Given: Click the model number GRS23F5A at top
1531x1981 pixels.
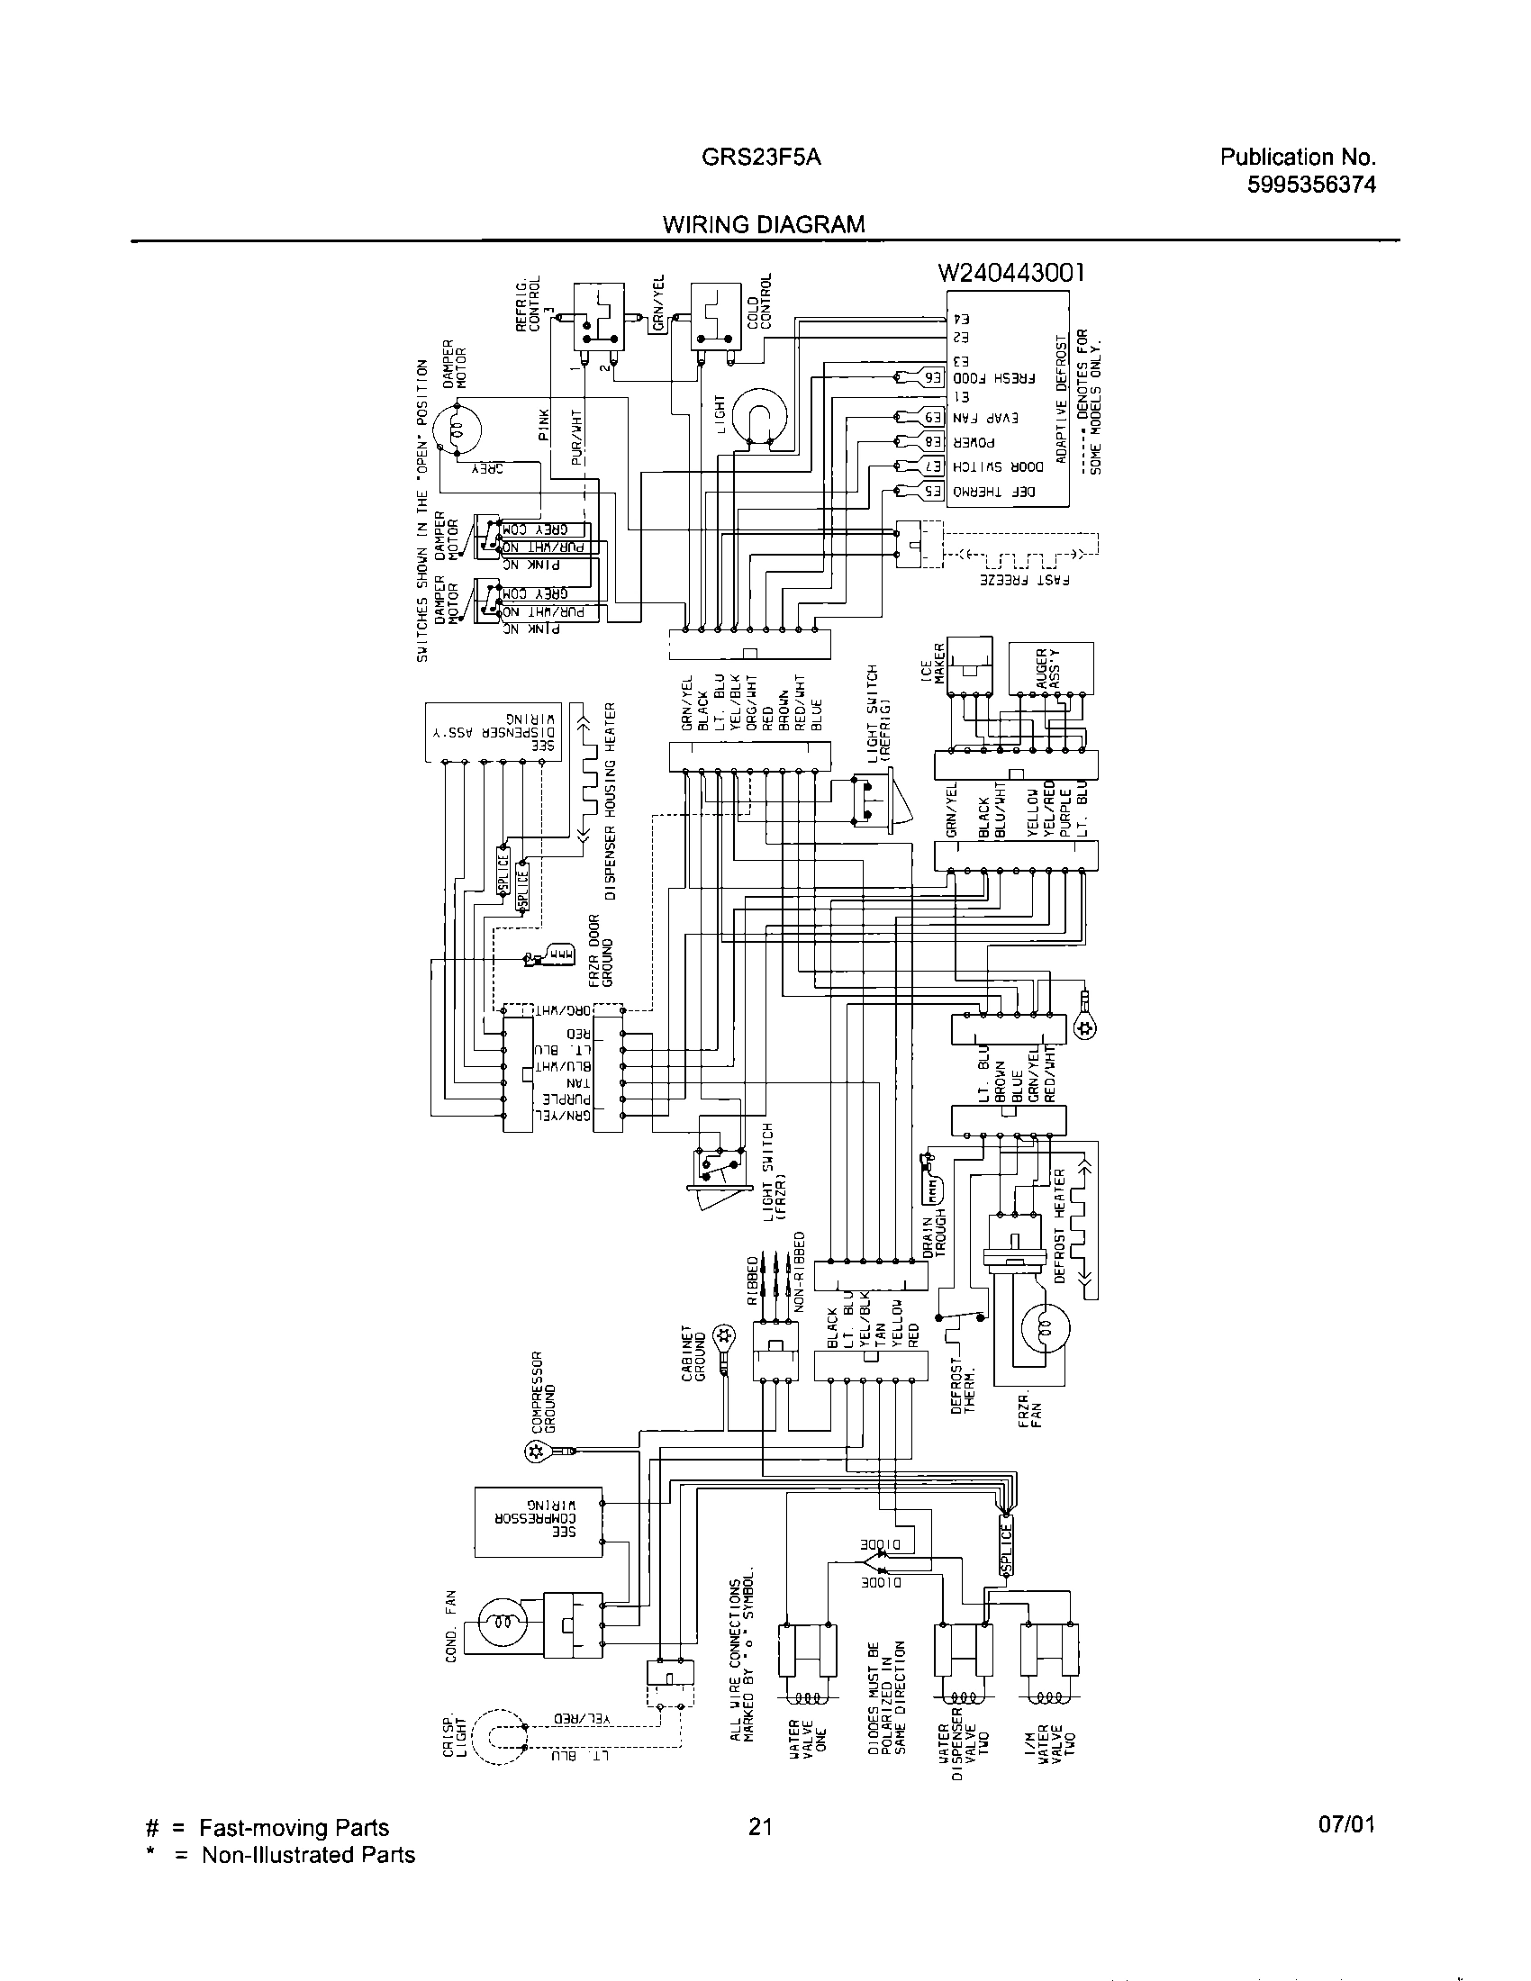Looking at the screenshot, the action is point(761,158).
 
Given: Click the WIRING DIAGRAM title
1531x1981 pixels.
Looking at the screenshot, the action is point(764,224).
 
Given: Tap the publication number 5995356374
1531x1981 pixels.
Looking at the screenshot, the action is point(1311,185).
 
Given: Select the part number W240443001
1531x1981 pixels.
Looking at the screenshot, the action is point(1011,272).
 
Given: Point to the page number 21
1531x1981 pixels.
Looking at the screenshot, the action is point(760,1827).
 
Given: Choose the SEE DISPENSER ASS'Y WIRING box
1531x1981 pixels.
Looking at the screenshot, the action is point(494,732).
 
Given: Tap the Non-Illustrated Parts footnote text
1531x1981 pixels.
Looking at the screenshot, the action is point(307,1855).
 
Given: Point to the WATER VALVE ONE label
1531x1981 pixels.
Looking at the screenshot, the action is point(808,1743).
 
